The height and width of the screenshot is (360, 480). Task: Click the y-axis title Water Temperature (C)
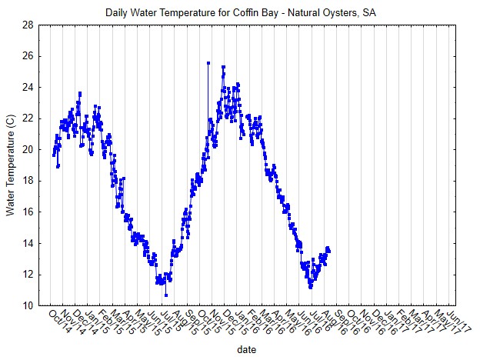(11, 165)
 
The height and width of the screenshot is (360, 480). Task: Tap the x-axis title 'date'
(247, 349)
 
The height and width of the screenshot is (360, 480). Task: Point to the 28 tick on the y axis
(28, 25)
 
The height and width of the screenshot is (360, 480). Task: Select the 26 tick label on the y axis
(28, 56)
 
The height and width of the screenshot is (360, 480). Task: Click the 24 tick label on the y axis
(28, 88)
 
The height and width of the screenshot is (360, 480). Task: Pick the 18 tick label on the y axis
(28, 181)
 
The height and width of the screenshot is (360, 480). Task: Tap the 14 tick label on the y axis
(28, 243)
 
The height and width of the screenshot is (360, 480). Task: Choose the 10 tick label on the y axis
(28, 305)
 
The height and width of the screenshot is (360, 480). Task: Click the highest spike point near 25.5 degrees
(208, 63)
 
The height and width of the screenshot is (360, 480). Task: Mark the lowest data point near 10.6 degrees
(165, 295)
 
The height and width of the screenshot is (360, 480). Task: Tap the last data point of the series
(328, 250)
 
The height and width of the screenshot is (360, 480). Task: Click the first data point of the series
(54, 155)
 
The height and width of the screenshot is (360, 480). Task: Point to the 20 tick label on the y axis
(28, 150)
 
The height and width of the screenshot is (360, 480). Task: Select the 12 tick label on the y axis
(28, 275)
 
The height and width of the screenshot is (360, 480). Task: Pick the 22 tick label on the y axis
(28, 118)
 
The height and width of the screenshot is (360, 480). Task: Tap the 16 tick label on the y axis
(28, 212)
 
